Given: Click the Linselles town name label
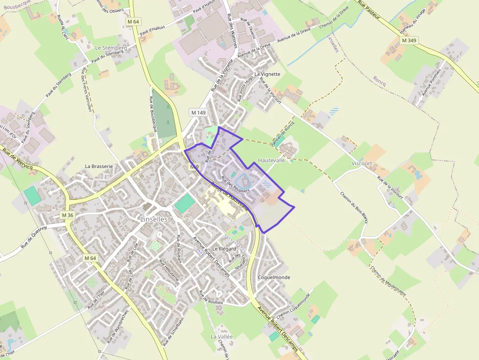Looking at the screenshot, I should (x=153, y=219).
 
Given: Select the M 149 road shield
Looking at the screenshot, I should (x=198, y=113).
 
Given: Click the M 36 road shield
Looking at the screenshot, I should (x=67, y=215).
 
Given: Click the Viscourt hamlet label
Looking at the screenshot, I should (x=362, y=163).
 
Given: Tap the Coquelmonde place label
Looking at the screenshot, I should (x=274, y=277).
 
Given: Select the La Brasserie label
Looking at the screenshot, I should (x=99, y=166).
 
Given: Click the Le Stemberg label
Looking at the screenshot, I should (x=111, y=48).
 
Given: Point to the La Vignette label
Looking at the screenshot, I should (x=267, y=74).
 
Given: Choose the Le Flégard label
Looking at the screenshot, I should (x=224, y=249).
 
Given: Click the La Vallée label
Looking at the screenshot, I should (x=222, y=337).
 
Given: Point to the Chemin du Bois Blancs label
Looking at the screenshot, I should (x=354, y=207).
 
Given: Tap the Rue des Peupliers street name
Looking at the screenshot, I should (x=236, y=184).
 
